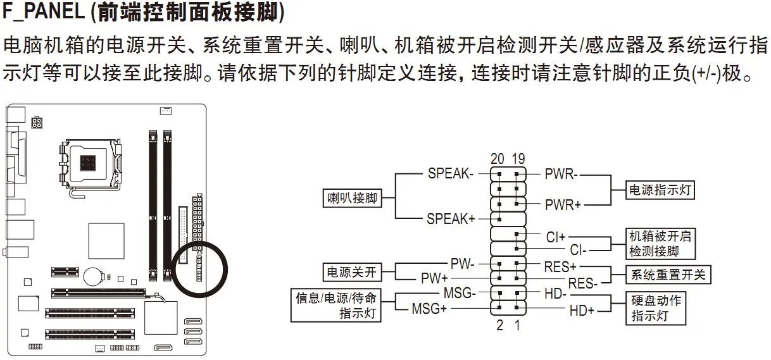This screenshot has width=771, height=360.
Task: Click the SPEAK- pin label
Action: coord(450,173)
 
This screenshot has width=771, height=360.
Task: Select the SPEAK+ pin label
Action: coord(450,219)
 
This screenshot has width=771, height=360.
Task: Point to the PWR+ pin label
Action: coord(563,204)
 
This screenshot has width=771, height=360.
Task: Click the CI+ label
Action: coord(555,237)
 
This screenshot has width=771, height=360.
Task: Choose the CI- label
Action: coord(579,250)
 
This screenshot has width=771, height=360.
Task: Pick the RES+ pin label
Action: coord(560,266)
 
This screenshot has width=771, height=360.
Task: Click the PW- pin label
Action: coord(462,263)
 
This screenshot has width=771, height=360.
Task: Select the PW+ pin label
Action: coord(434,278)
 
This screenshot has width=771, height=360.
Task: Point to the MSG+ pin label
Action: coord(429,309)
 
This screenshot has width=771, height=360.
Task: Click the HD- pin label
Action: coord(555,294)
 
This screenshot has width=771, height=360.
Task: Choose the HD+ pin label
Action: coord(582,310)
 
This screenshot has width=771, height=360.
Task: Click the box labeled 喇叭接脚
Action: coord(352,198)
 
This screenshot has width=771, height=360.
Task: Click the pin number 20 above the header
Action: coord(498,158)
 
